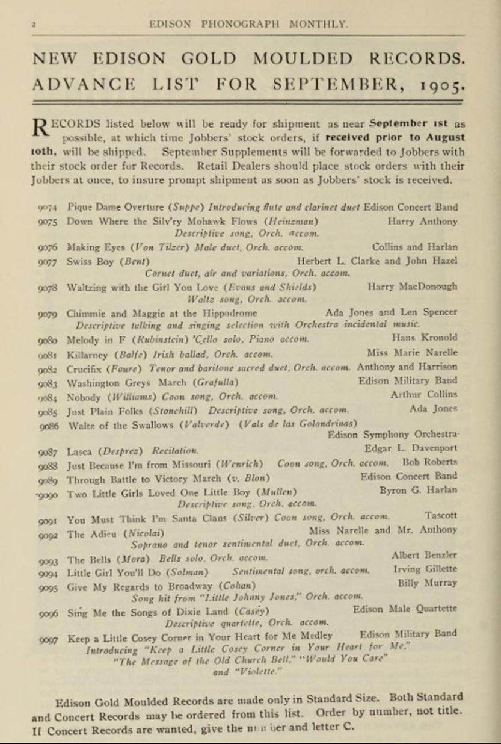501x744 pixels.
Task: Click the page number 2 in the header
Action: tap(34, 24)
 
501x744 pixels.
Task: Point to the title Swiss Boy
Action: tap(90, 261)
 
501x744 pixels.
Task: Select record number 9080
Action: tap(47, 339)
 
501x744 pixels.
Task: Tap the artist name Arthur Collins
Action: tap(432, 394)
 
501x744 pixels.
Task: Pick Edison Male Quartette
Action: tap(405, 609)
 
